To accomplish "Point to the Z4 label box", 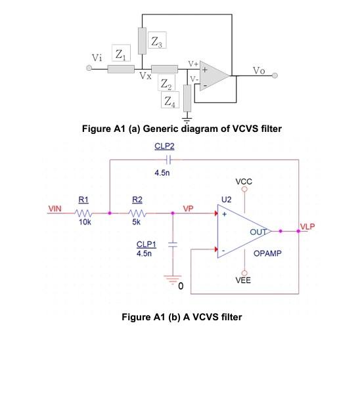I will [x=170, y=100].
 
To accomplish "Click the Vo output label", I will [x=259, y=71].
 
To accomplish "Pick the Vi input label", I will [x=97, y=57].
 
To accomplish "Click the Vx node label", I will [x=145, y=77].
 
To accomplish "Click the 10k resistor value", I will [x=83, y=222].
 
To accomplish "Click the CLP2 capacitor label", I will [x=165, y=147].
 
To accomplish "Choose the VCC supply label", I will [x=242, y=180].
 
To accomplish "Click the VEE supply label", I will [x=242, y=280].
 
